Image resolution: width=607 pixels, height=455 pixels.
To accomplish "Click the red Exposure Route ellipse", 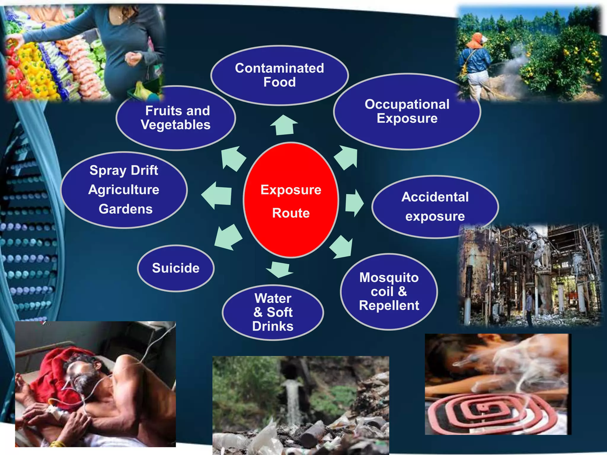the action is (x=291, y=200).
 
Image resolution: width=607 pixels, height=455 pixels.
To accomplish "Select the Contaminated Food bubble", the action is (x=279, y=76).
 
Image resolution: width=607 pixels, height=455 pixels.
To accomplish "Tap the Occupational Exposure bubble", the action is (x=407, y=111).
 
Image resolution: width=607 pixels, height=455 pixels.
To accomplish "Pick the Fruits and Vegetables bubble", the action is (x=176, y=118).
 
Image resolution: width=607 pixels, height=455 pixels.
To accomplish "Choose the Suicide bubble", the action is (x=176, y=268).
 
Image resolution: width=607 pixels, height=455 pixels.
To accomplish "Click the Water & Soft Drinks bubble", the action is (x=273, y=313).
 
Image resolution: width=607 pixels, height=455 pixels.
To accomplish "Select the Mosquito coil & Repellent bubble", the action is (x=389, y=291).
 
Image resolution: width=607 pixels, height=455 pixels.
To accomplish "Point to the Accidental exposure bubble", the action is (x=435, y=207).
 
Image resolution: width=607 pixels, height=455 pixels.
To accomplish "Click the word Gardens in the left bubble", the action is (x=126, y=209).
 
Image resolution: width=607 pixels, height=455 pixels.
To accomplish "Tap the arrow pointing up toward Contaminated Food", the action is (x=284, y=125).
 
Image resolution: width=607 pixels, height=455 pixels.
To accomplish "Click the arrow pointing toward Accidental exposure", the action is (x=354, y=203).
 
